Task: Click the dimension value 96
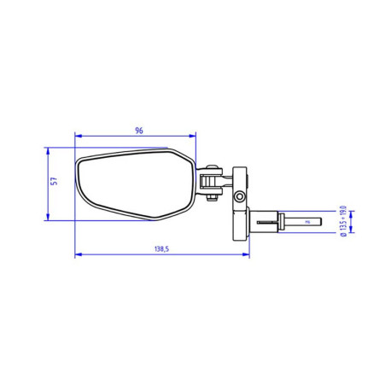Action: pyautogui.click(x=138, y=130)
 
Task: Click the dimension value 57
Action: pyautogui.click(x=53, y=182)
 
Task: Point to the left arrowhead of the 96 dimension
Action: pyautogui.click(x=78, y=135)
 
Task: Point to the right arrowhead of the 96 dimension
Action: pyautogui.click(x=194, y=135)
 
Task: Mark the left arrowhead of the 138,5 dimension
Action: pyautogui.click(x=78, y=254)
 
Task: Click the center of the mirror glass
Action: pyautogui.click(x=132, y=184)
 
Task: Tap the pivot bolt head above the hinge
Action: pyautogui.click(x=207, y=168)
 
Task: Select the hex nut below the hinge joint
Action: pyautogui.click(x=207, y=199)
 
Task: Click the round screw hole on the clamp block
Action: pyautogui.click(x=241, y=197)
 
